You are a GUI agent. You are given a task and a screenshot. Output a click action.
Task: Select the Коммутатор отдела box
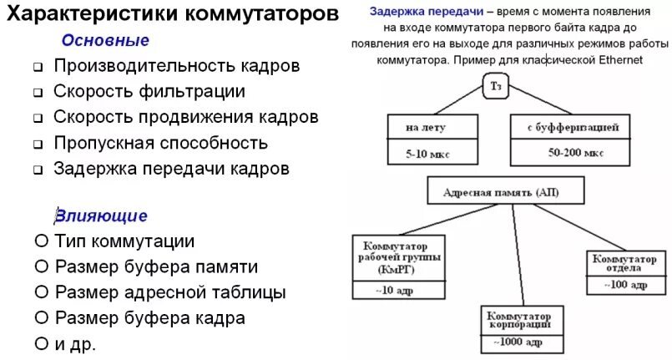pyautogui.click(x=626, y=263)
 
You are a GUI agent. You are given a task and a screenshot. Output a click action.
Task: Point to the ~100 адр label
pyautogui.click(x=626, y=285)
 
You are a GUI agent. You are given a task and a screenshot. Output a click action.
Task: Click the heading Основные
pyautogui.click(x=106, y=40)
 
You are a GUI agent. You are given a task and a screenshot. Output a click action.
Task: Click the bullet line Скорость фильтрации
pyautogui.click(x=149, y=91)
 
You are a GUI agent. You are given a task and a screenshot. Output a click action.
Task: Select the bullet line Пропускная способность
pyautogui.click(x=160, y=143)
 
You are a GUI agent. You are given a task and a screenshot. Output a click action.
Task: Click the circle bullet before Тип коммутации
pyautogui.click(x=41, y=241)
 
